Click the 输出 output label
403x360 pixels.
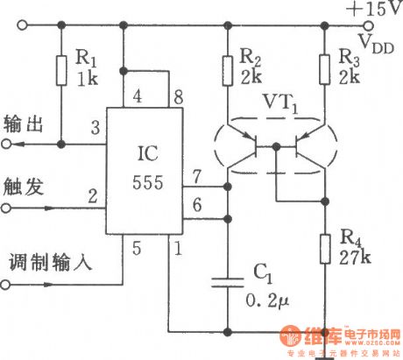click(23, 122)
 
